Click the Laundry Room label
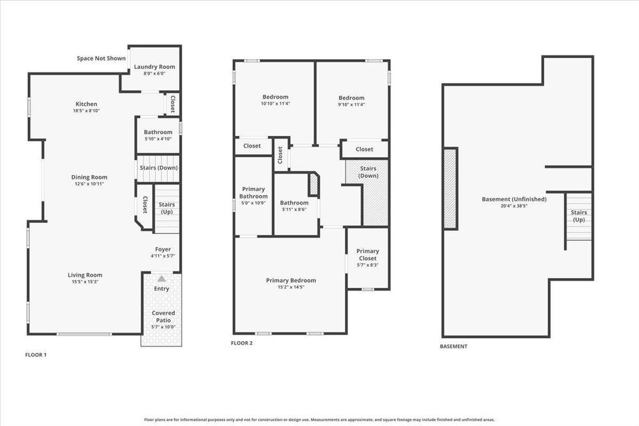[x=154, y=67]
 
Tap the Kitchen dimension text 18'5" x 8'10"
[x=86, y=111]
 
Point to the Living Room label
[x=85, y=275]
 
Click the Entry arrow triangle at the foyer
[x=162, y=278]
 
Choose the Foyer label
[x=163, y=249]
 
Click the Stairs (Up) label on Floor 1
[x=167, y=208]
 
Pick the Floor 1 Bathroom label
[x=158, y=132]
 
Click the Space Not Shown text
[x=101, y=59]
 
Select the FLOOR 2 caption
[x=241, y=343]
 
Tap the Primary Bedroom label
[x=291, y=281]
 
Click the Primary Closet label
[x=368, y=255]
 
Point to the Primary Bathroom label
[x=253, y=193]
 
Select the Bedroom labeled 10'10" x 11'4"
[x=275, y=97]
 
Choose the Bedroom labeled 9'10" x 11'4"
[x=351, y=98]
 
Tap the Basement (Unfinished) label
[x=514, y=200]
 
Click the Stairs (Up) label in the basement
[x=579, y=216]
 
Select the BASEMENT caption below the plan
[x=454, y=346]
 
